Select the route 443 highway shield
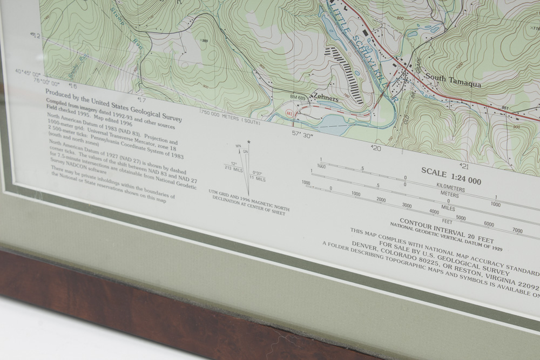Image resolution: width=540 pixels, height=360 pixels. point(290,113)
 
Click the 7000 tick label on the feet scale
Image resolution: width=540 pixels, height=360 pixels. point(517,231)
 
